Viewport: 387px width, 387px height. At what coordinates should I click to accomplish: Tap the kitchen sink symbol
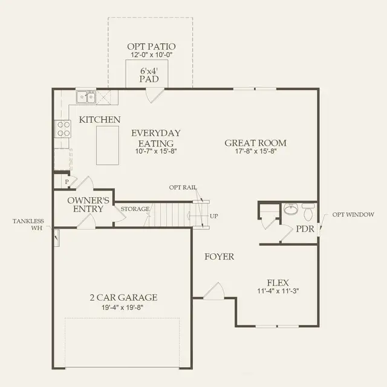point(85,97)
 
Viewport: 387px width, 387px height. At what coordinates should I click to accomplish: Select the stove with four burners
point(63,128)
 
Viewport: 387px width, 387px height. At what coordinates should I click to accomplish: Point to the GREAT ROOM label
point(255,143)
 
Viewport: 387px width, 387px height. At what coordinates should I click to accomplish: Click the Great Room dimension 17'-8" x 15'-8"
point(255,152)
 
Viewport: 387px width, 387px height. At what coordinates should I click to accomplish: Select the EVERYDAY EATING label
point(156,138)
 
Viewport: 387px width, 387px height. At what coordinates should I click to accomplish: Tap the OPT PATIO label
point(151,47)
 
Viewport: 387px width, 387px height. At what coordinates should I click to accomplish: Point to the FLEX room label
point(278,282)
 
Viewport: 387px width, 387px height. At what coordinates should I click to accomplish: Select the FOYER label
point(218,256)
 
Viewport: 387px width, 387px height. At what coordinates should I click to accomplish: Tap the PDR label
point(304,229)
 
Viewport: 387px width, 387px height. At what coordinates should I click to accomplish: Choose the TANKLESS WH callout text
point(28,224)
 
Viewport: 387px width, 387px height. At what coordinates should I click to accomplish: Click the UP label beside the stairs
point(214,216)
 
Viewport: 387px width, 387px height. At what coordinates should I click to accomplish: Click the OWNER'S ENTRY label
point(88,204)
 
